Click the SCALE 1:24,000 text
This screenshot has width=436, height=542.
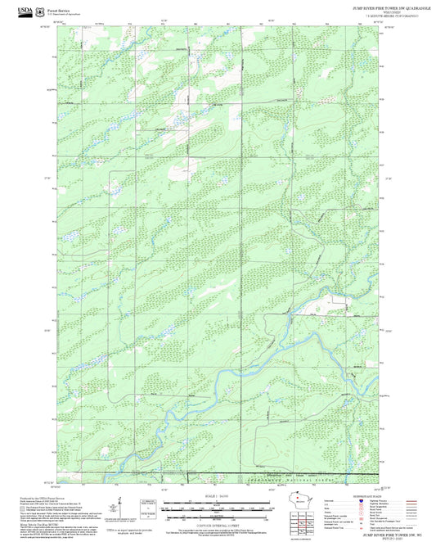218,497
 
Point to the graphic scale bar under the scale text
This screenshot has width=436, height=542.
218,508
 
